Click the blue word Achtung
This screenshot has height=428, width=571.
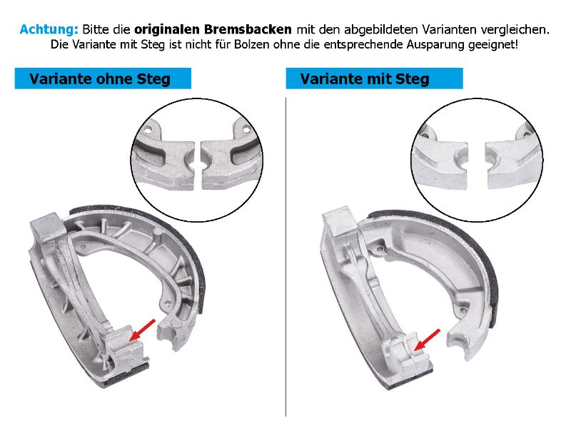point(49,29)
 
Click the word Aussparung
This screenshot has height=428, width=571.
point(435,45)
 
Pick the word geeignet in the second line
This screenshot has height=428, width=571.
point(492,45)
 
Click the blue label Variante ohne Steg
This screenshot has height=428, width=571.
point(103,78)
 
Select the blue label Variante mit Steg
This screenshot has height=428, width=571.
point(374,78)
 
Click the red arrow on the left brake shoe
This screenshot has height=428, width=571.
point(142,330)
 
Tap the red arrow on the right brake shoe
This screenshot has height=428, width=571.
point(427,340)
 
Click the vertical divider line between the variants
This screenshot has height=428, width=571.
point(286,257)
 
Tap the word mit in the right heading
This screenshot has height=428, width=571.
point(380,78)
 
